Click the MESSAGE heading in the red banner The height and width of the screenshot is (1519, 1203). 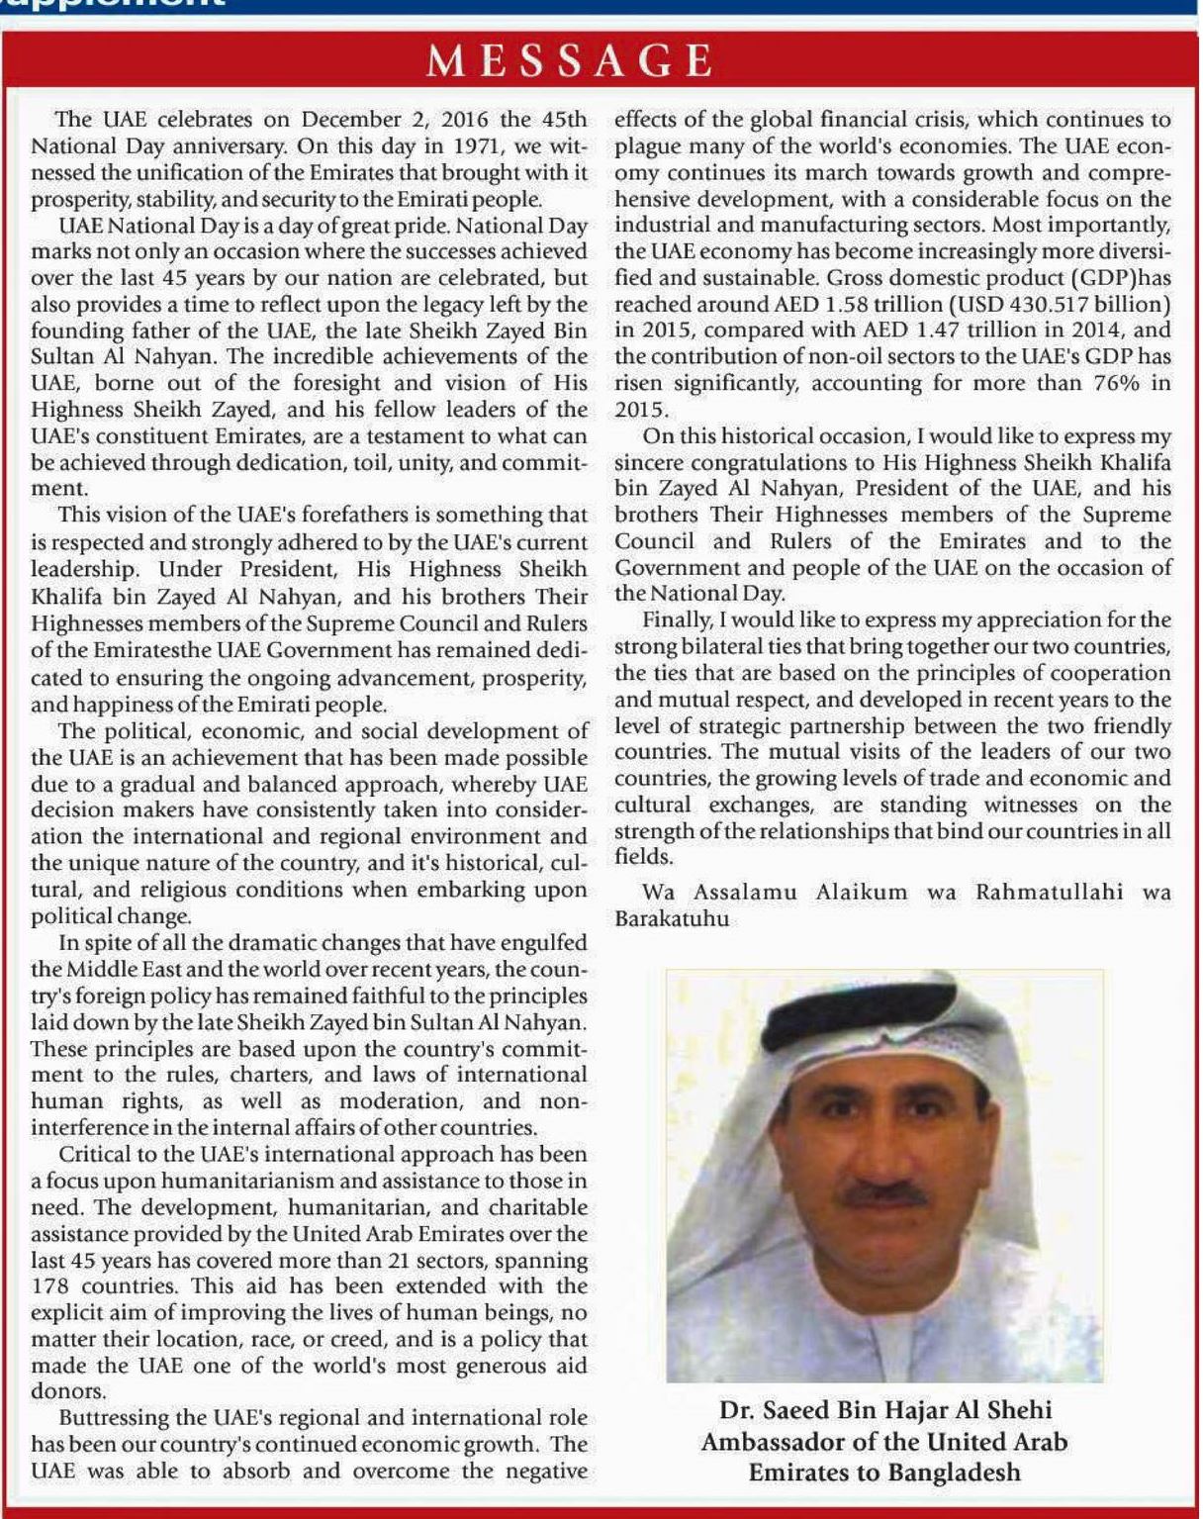coord(569,61)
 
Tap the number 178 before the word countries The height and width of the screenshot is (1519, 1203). coord(49,1287)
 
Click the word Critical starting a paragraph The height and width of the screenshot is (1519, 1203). coord(97,1155)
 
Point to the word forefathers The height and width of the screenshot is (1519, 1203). coord(374,515)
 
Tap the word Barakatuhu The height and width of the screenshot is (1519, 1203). coord(672,918)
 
